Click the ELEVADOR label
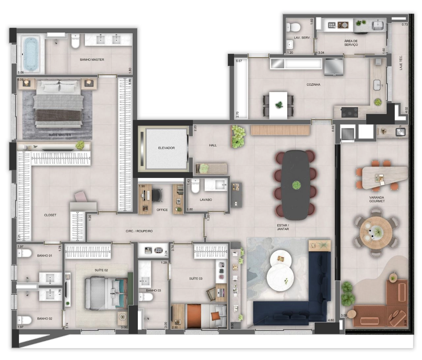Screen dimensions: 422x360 (166, 148)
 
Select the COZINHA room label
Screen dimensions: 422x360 (314, 84)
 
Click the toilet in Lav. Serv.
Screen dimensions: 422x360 (293, 27)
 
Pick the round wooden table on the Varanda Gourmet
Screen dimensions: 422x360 (376, 232)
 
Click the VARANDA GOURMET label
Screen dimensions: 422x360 (377, 199)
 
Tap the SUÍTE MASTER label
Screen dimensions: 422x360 (60, 135)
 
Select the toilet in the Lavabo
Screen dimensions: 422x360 (195, 186)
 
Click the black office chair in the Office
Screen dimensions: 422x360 (157, 195)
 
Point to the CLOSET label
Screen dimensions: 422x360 (50, 215)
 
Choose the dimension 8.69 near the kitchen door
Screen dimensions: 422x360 (333, 129)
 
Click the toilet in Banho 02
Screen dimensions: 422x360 (24, 320)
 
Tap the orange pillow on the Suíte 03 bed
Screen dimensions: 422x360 (215, 316)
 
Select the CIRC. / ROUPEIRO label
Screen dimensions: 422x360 (139, 231)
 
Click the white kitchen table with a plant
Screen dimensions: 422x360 (278, 105)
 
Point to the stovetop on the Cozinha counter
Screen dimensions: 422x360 (349, 112)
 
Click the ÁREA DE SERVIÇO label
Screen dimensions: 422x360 (351, 43)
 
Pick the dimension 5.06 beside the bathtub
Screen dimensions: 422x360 (21, 73)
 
